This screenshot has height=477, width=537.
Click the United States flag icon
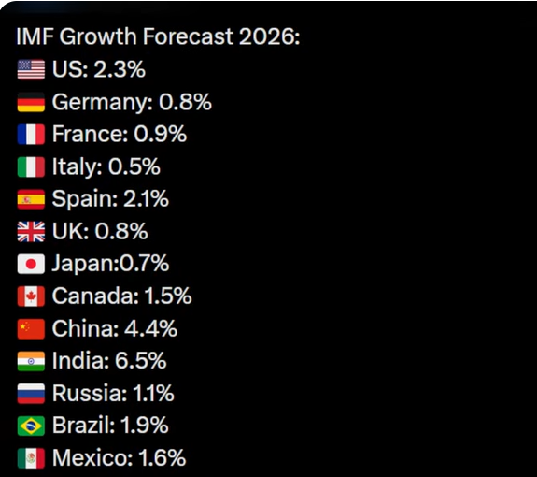tap(31, 69)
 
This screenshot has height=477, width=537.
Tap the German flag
tap(31, 102)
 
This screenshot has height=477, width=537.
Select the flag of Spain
tap(31, 199)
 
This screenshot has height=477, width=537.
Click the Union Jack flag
tap(31, 231)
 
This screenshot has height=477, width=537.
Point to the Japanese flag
tap(31, 264)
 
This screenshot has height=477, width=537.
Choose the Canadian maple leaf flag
tap(31, 296)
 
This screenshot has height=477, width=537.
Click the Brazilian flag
tap(31, 426)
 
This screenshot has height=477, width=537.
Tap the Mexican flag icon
tap(31, 457)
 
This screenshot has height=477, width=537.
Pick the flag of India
tap(31, 361)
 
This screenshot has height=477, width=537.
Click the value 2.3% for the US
tap(120, 69)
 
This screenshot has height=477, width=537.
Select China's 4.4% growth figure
tap(150, 328)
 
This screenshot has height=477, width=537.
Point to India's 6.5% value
tap(141, 361)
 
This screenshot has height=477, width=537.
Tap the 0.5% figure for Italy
tap(134, 166)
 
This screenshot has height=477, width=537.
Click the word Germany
tap(101, 103)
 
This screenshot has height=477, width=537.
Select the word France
tap(89, 134)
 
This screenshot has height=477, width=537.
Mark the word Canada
tap(93, 296)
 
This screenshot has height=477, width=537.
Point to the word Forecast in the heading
tap(188, 36)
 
